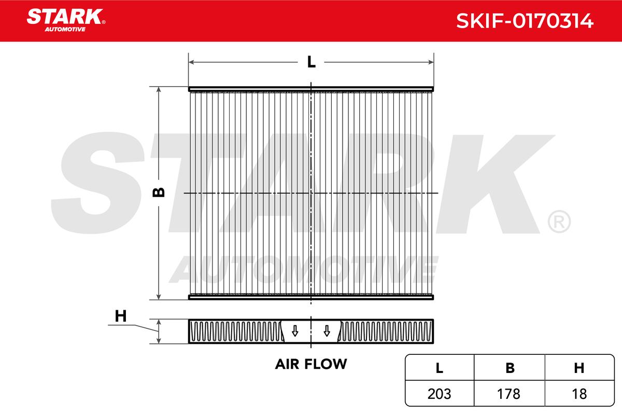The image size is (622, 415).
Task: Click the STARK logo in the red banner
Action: (66, 20)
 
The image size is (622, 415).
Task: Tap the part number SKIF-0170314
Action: (525, 21)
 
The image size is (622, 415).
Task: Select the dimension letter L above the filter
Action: (312, 62)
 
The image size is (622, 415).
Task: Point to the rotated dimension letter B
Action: (159, 192)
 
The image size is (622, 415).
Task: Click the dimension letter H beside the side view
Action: (120, 316)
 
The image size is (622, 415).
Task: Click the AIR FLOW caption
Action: (311, 364)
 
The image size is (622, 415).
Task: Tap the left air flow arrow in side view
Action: (295, 331)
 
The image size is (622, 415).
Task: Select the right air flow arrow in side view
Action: (327, 331)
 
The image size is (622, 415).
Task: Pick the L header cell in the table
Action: (440, 368)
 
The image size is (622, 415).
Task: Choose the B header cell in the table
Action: (510, 368)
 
